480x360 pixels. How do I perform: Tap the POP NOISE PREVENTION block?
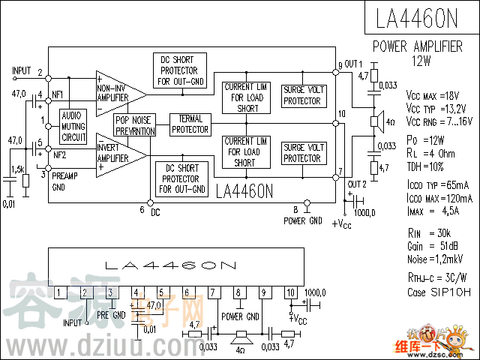pyautogui.click(x=134, y=125)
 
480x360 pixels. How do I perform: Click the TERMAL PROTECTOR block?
pyautogui.click(x=190, y=124)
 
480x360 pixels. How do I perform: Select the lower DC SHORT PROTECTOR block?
pyautogui.click(x=180, y=178)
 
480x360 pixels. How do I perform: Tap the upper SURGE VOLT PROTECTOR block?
pyautogui.click(x=302, y=95)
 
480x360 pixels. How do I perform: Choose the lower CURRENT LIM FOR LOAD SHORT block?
pyautogui.click(x=244, y=151)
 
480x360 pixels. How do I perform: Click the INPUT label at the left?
pyautogui.click(x=22, y=70)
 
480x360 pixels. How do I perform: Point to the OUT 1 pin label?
pyautogui.click(x=353, y=63)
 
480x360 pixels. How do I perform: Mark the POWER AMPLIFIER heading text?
pyautogui.click(x=418, y=46)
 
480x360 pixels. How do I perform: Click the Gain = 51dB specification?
pyautogui.click(x=433, y=246)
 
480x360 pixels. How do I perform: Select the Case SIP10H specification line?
pyautogui.click(x=439, y=292)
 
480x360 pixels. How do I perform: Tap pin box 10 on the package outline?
pyautogui.click(x=291, y=292)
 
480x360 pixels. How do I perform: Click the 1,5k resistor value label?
pyautogui.click(x=19, y=169)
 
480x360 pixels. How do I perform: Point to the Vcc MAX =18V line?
pyautogui.click(x=432, y=96)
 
